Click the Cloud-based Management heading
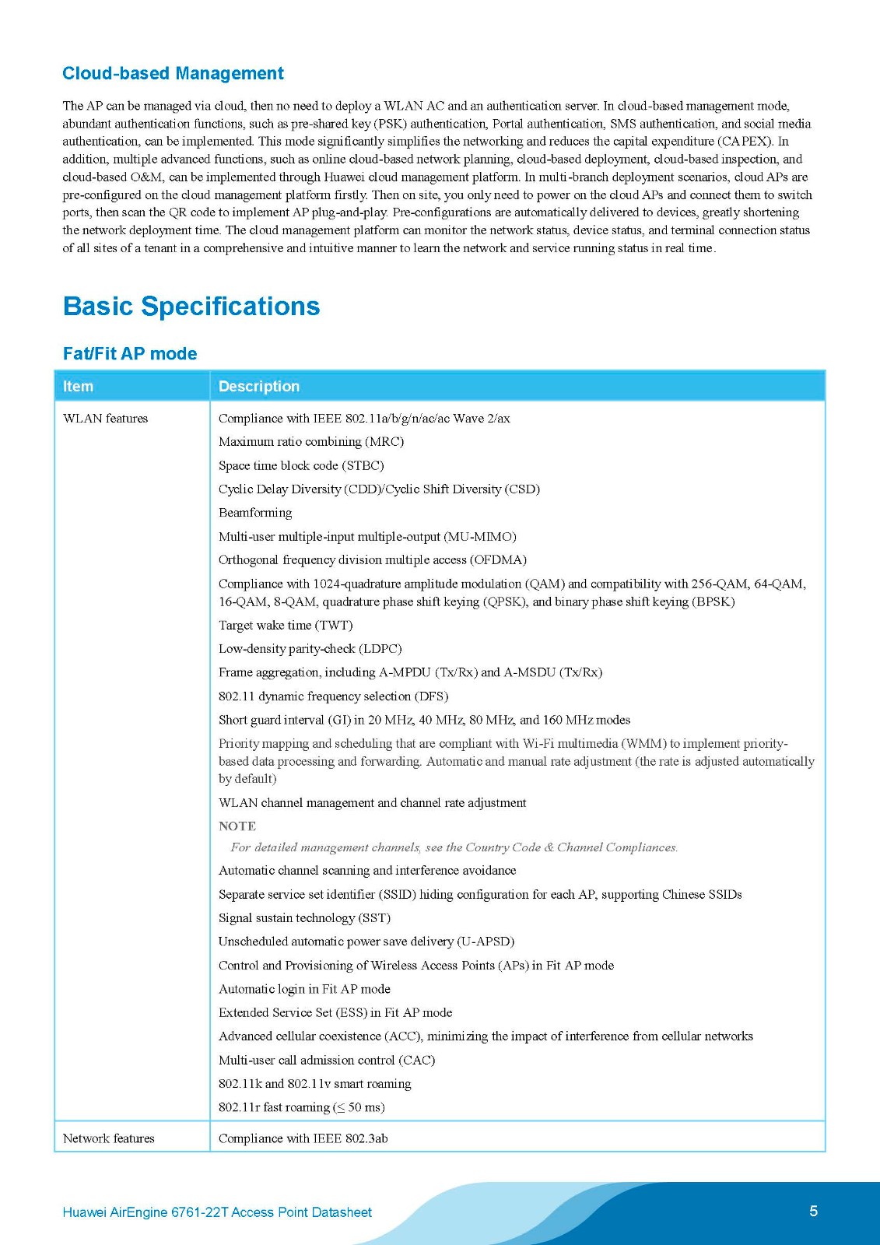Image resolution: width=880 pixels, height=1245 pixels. [173, 73]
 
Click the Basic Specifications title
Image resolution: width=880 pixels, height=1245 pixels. [191, 306]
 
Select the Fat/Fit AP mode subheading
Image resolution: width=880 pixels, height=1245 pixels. [130, 353]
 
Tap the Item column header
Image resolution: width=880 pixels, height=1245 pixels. [78, 386]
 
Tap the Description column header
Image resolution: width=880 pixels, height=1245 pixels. [258, 386]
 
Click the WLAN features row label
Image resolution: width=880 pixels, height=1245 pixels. [105, 419]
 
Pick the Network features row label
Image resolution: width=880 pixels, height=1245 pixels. [108, 1138]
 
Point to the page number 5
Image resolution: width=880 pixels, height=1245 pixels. [813, 1211]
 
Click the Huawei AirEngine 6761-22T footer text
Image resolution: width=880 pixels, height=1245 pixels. [217, 1212]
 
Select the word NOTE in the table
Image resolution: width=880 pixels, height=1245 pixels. [237, 826]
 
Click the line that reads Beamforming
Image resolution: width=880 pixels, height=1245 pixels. [255, 513]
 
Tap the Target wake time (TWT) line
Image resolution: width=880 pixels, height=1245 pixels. [286, 626]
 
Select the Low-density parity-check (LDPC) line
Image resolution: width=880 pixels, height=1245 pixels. [310, 649]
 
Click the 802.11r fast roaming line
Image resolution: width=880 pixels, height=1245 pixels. [301, 1107]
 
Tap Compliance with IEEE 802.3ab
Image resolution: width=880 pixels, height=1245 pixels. [303, 1138]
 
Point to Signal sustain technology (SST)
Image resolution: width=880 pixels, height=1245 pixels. [304, 918]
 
